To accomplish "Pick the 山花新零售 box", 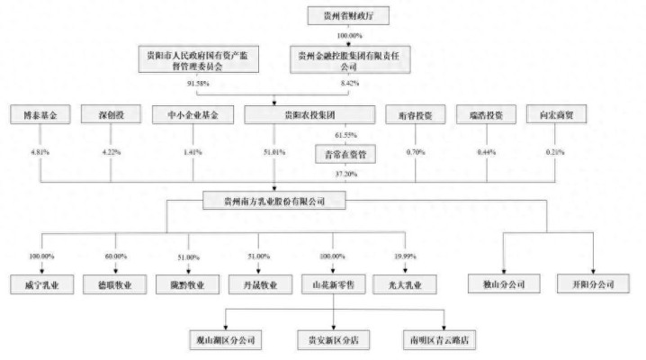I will (334, 285).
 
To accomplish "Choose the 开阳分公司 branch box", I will (592, 285).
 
